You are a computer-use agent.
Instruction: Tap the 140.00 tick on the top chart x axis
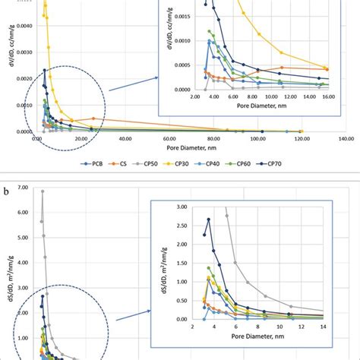click(x=346, y=139)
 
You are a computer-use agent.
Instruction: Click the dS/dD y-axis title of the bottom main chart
click(x=8, y=281)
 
